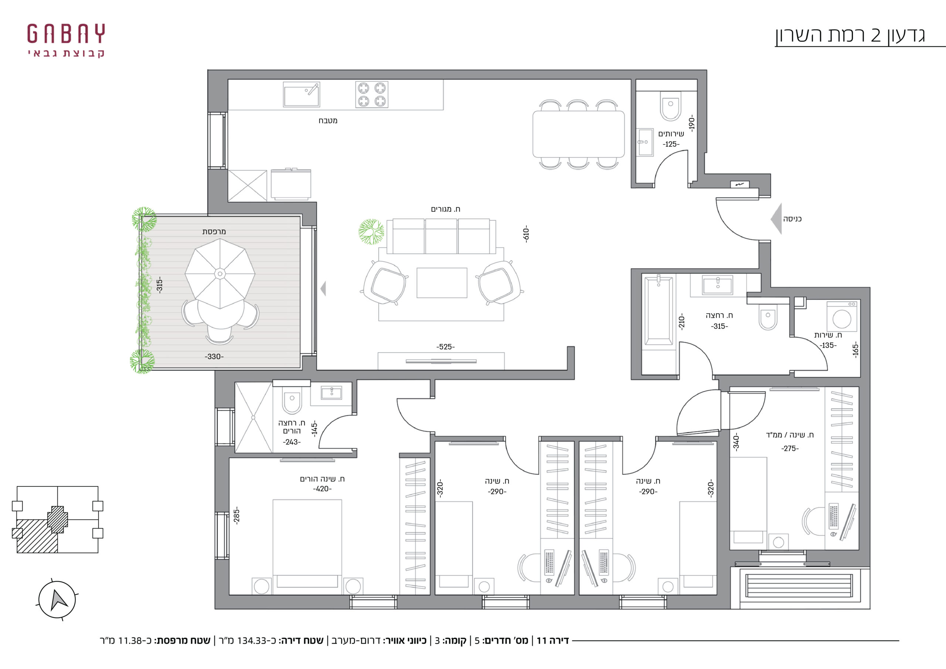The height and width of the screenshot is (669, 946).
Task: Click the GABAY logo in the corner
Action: [66, 40]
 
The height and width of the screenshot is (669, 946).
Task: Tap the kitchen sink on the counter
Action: [301, 94]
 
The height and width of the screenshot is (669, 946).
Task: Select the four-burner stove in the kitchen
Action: [372, 94]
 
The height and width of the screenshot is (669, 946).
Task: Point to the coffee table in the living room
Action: [442, 283]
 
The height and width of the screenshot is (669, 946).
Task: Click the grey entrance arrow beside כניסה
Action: [776, 219]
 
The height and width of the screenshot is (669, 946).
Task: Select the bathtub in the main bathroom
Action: [659, 311]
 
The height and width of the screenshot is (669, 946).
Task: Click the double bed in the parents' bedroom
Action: [307, 547]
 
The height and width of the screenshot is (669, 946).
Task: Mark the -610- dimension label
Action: [526, 234]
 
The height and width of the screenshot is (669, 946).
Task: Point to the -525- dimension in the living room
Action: [445, 347]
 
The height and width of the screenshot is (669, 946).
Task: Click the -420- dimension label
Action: [322, 489]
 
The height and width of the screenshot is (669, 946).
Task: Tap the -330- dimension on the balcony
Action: [214, 357]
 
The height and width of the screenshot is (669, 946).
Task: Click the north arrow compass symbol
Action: [57, 600]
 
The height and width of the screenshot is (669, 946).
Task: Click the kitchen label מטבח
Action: [328, 120]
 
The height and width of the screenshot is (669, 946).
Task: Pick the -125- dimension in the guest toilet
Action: [671, 144]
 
